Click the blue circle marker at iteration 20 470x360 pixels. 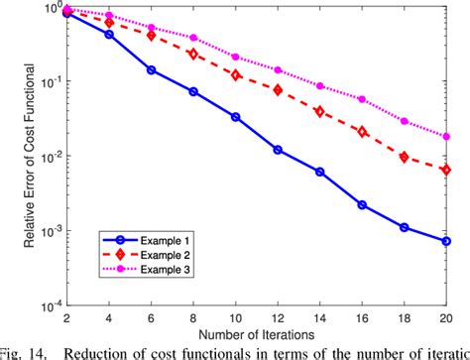(446, 241)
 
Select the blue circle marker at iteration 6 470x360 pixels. (152, 69)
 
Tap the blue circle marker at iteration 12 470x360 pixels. (278, 150)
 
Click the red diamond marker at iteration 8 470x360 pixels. (193, 55)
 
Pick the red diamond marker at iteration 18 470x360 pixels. (405, 157)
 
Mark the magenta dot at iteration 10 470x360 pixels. (235, 57)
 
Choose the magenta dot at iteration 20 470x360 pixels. (446, 137)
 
